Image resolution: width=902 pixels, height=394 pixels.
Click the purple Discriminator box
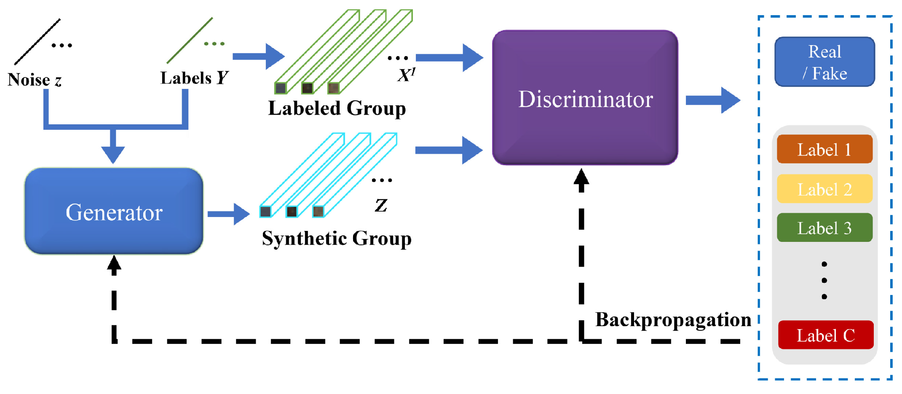pyautogui.click(x=585, y=98)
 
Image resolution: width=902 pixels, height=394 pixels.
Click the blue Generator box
pyautogui.click(x=114, y=212)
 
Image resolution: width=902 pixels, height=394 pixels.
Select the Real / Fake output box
pyautogui.click(x=824, y=62)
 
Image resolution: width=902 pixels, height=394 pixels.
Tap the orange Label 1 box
pyautogui.click(x=824, y=149)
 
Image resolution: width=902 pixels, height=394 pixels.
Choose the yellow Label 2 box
pyautogui.click(x=824, y=189)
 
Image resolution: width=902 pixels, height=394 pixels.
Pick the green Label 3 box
pyautogui.click(x=824, y=228)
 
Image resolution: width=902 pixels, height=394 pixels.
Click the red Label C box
pyautogui.click(x=825, y=335)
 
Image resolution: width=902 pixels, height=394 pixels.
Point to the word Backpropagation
pyautogui.click(x=673, y=319)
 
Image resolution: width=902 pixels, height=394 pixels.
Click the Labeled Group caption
pyautogui.click(x=337, y=108)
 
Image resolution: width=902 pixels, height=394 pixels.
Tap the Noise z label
pyautogui.click(x=35, y=80)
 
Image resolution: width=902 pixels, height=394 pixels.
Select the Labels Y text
pyautogui.click(x=194, y=78)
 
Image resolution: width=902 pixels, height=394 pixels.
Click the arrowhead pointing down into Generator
pyautogui.click(x=113, y=154)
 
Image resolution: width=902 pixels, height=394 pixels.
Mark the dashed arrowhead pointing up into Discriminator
pyautogui.click(x=581, y=177)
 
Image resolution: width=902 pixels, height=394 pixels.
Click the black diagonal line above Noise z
pyautogui.click(x=37, y=42)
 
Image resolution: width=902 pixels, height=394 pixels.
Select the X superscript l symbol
pyautogui.click(x=406, y=75)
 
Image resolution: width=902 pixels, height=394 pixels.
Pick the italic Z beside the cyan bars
pyautogui.click(x=381, y=205)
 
